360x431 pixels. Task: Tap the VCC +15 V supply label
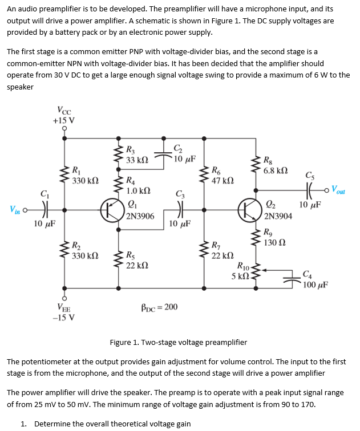(64, 115)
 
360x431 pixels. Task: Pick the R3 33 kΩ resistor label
(137, 156)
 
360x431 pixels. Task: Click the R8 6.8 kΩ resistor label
(276, 165)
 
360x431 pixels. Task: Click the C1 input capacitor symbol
(44, 209)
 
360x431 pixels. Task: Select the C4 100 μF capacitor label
(314, 280)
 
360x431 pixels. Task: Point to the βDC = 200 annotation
(158, 307)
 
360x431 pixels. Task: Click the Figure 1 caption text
(178, 342)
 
